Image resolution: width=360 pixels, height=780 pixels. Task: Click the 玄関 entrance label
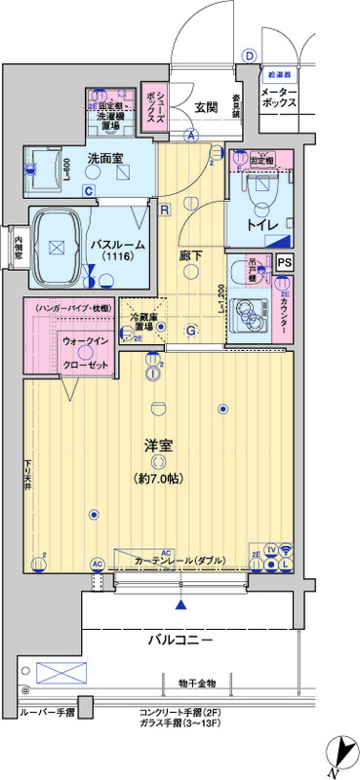click(x=206, y=106)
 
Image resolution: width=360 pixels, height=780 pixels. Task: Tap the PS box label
click(x=284, y=261)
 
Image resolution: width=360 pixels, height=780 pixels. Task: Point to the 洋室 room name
click(x=159, y=446)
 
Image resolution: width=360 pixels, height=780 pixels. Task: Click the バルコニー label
click(x=180, y=640)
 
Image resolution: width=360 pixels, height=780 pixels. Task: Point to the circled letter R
click(x=165, y=210)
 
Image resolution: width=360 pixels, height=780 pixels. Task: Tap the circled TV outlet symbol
click(x=270, y=550)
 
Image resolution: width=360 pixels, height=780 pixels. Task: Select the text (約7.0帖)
click(x=159, y=479)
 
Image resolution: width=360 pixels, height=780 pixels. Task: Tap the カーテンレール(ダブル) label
click(x=180, y=561)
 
